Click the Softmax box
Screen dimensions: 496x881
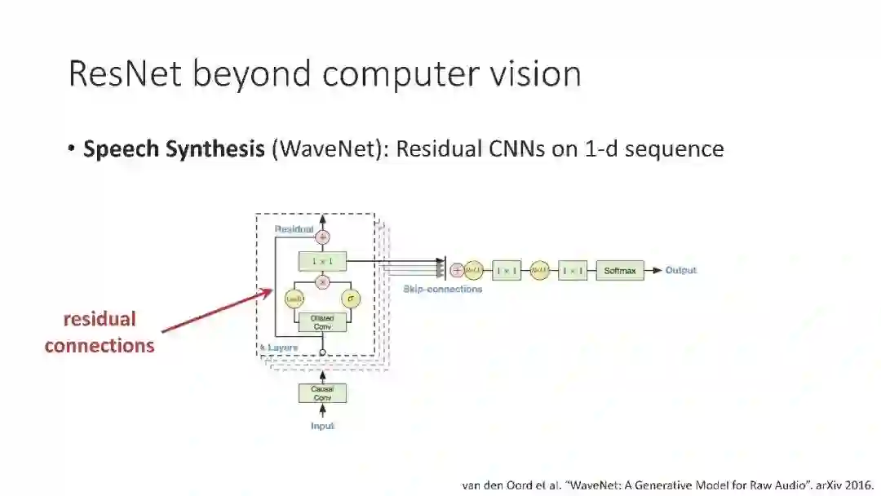point(620,271)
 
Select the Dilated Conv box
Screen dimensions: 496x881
point(322,322)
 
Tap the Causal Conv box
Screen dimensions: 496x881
point(322,393)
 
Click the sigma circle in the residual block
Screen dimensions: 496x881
point(351,299)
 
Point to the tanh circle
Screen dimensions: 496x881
point(294,299)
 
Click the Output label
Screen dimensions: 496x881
point(681,271)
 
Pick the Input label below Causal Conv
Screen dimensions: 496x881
point(322,426)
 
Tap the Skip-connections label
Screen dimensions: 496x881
point(443,289)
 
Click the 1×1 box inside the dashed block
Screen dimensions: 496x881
point(322,262)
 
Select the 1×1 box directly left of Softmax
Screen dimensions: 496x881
point(573,271)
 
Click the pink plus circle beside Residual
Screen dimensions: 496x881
point(322,237)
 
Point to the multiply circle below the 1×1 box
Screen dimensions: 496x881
point(322,281)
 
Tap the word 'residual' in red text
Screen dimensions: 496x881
point(100,319)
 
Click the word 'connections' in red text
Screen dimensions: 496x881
point(100,346)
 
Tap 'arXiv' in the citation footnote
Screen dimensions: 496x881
point(818,485)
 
